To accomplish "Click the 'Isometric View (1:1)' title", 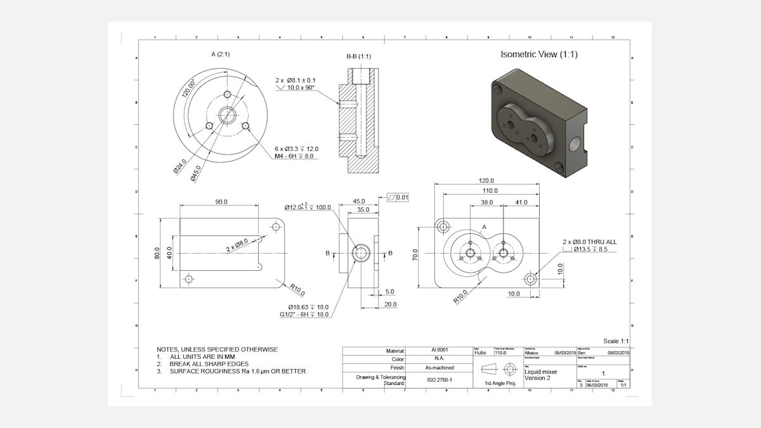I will [538, 55].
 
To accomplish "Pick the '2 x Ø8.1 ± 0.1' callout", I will [296, 81].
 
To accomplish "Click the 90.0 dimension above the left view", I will [221, 202].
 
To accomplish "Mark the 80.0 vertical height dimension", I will [157, 252].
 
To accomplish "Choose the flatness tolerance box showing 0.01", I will [398, 198].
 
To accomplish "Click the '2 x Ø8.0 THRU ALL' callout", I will [589, 242].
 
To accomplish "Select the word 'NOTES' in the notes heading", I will [168, 349].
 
